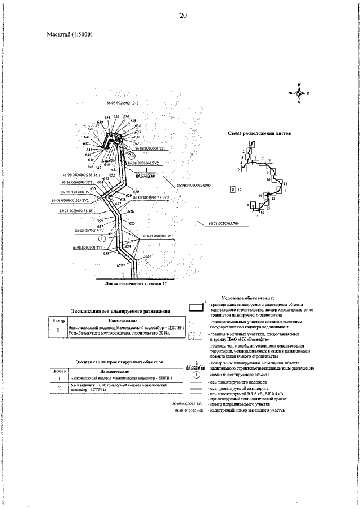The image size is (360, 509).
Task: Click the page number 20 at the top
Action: (x=183, y=16)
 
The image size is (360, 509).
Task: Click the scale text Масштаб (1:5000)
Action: (x=70, y=35)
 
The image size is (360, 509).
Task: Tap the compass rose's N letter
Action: (x=299, y=84)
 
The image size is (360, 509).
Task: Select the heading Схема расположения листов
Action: (x=256, y=133)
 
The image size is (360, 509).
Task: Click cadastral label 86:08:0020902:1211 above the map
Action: (x=122, y=104)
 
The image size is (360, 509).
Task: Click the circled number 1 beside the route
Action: (x=110, y=238)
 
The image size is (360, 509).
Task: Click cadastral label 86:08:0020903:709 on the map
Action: (x=224, y=224)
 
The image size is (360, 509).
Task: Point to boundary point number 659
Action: (x=120, y=264)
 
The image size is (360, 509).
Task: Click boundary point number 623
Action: (x=148, y=256)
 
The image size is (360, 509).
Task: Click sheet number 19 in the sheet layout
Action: (x=239, y=190)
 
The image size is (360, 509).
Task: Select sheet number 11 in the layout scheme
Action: (x=285, y=184)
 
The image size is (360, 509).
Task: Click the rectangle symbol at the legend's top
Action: (x=196, y=307)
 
